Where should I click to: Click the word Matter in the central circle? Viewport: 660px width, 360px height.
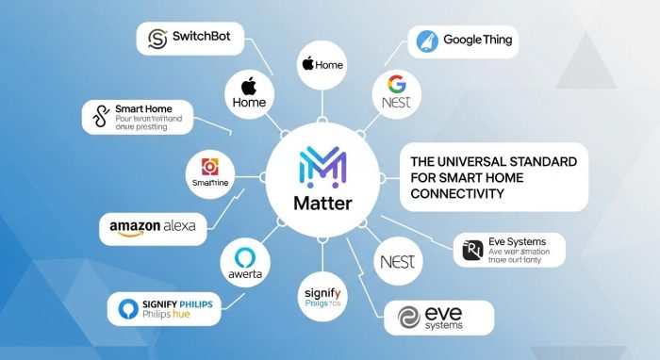322,203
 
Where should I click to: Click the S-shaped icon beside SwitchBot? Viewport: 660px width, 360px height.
157,39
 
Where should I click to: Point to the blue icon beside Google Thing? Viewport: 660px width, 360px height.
425,41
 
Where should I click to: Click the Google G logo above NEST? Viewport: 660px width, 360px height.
394,82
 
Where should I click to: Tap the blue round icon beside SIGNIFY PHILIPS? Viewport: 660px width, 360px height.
129,308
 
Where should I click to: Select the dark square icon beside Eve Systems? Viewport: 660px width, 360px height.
469,252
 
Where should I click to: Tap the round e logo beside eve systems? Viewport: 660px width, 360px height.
409,318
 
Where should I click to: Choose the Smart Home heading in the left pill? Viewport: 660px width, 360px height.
140,107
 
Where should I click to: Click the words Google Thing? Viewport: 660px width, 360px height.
476,41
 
